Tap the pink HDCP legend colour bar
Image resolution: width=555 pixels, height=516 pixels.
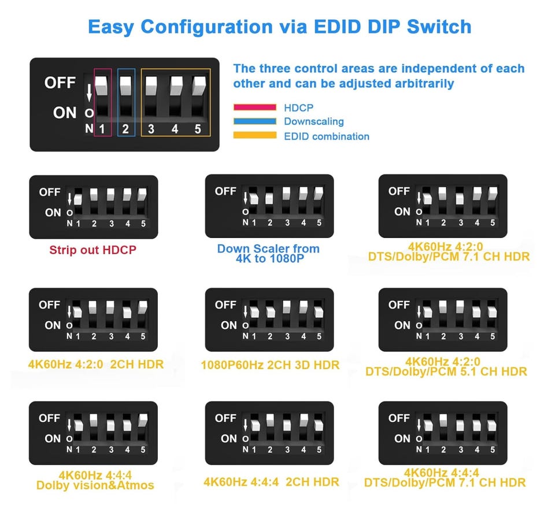tap(255, 107)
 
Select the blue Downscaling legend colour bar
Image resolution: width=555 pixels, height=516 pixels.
tap(255, 121)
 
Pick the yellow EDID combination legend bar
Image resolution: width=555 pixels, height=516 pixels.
tap(255, 135)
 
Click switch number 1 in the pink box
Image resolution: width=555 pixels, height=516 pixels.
tap(102, 129)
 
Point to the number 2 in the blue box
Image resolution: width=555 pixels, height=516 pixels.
tap(125, 129)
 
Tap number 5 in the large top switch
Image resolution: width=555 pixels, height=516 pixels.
tap(198, 129)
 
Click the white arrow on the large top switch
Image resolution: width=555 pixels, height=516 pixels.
tap(89, 92)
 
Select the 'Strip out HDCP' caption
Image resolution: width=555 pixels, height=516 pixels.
tap(92, 250)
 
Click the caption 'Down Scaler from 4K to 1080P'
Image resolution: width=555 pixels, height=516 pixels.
tap(268, 253)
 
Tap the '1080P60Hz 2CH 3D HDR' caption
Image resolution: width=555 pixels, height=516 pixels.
tap(270, 365)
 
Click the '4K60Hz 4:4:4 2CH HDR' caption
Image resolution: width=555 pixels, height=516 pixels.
tap(271, 482)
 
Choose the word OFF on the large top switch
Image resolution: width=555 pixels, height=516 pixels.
tap(60, 83)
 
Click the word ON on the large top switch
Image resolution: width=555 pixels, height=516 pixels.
tap(64, 113)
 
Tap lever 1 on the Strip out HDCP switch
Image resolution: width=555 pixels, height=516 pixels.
tap(78, 199)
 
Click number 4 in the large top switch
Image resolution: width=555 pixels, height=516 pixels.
tap(175, 129)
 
